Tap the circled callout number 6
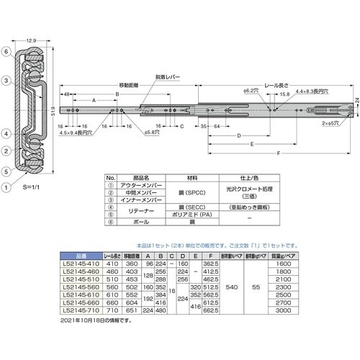pos(5,53)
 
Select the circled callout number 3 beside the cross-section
pos(5,81)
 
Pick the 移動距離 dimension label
pos(129,85)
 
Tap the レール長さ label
pos(278,85)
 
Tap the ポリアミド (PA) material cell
pos(186,214)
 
